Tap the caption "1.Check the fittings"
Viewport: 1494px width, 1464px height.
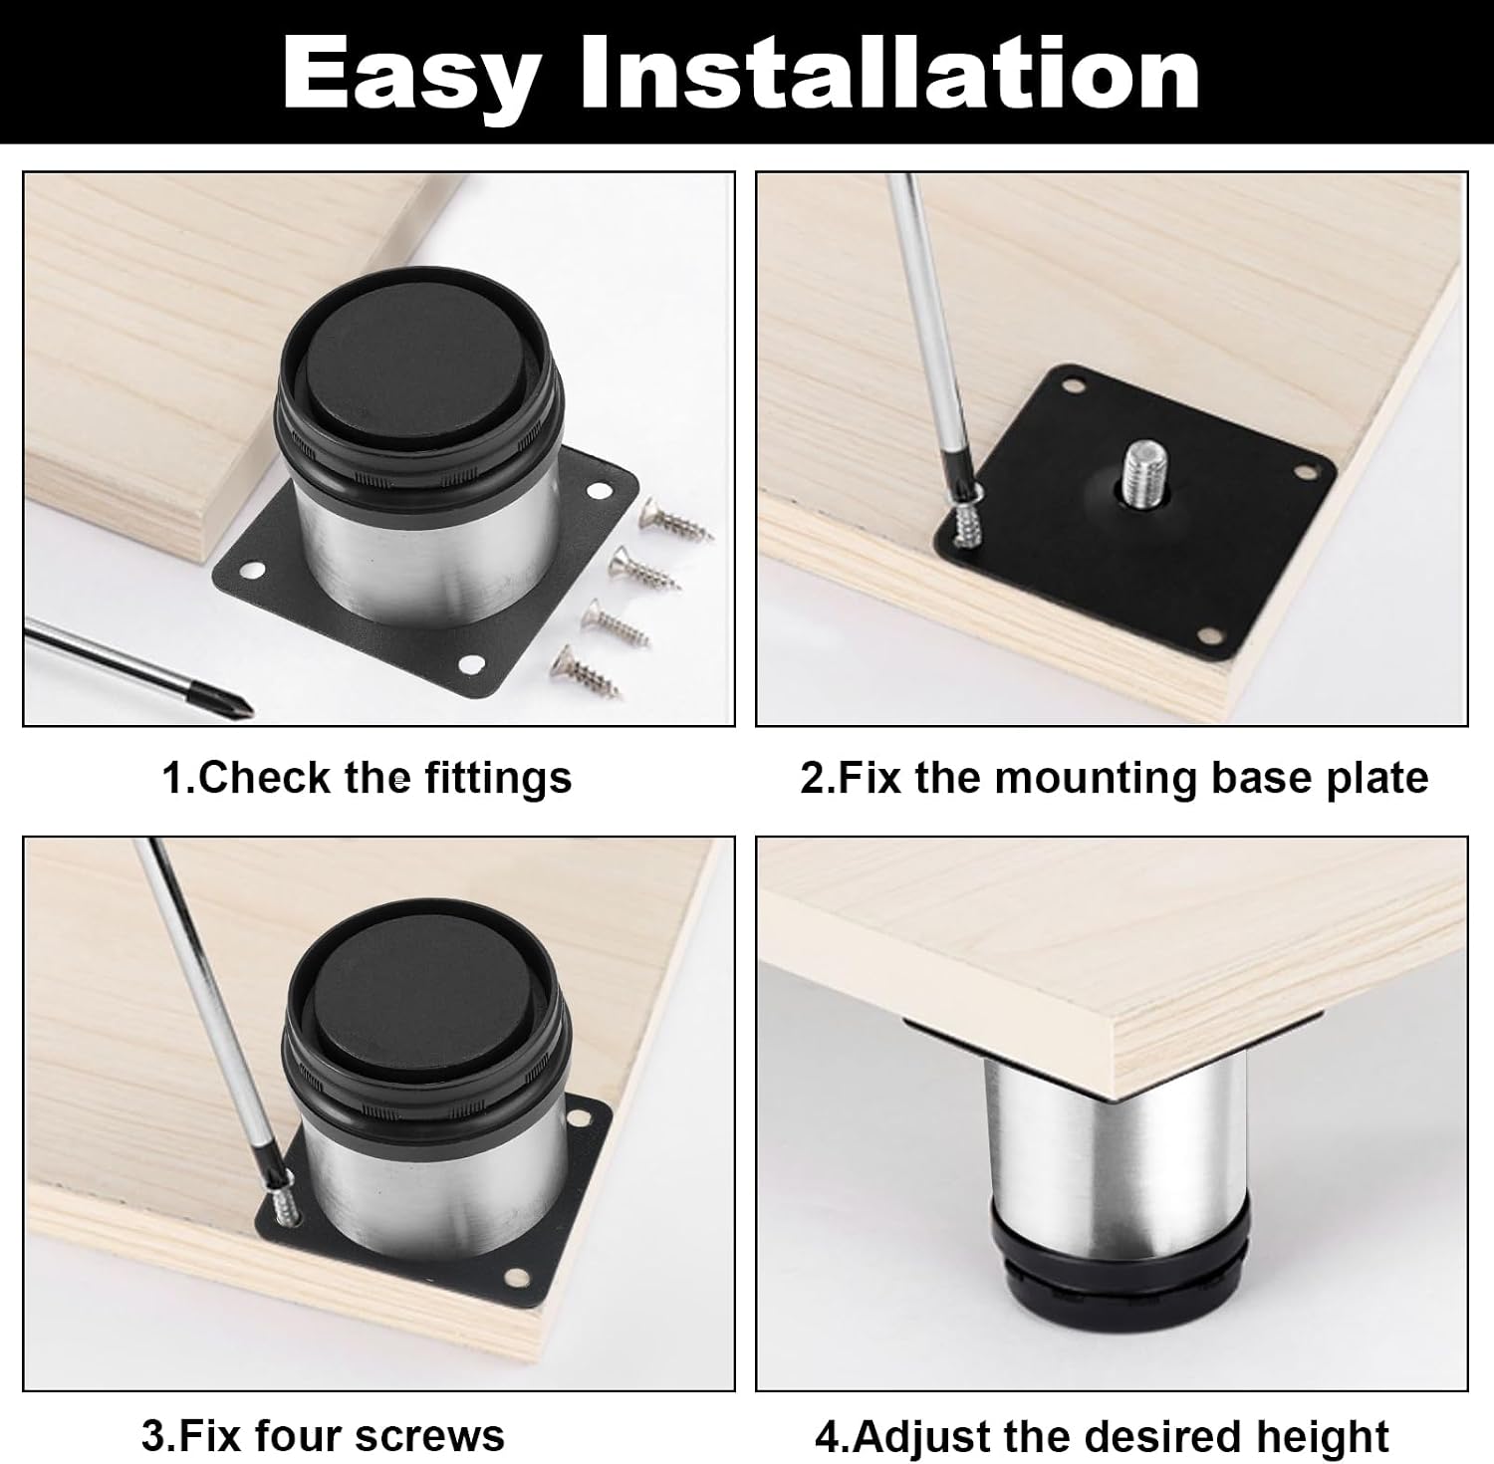click(367, 778)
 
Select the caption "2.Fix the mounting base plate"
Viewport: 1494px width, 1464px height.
click(1115, 778)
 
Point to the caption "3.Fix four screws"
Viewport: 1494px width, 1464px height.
click(323, 1436)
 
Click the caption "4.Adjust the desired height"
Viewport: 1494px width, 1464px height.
click(1102, 1437)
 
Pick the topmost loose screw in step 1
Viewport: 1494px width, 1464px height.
click(676, 520)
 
